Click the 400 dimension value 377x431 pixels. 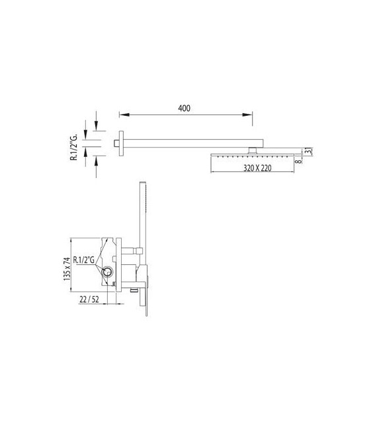[184, 109]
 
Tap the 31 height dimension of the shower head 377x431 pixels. [308, 152]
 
